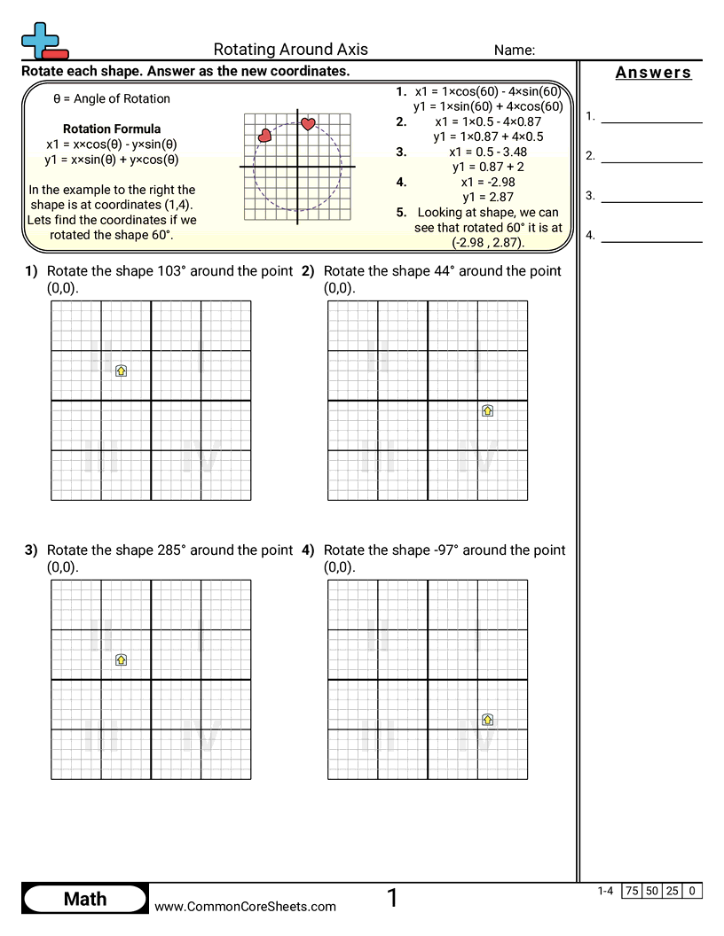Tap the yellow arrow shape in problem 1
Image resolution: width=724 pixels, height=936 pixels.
coord(122,370)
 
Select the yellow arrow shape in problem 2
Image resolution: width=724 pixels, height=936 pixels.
coord(487,410)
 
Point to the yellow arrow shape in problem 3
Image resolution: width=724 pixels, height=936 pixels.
coord(122,659)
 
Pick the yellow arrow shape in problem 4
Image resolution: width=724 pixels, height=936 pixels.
coord(487,720)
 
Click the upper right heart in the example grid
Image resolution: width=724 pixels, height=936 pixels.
coord(308,124)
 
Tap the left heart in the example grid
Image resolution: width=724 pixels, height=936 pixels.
coord(264,136)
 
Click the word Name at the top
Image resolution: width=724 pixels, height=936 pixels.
coord(514,51)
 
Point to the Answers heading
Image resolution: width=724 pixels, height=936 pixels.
coord(653,73)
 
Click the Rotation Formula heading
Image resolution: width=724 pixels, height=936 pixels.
coord(112,129)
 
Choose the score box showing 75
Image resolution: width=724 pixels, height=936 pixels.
coord(632,891)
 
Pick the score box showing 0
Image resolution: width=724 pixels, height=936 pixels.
coord(692,891)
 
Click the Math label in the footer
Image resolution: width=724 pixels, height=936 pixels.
coord(85,899)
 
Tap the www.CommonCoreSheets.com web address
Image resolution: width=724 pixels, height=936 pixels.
coord(246,906)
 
